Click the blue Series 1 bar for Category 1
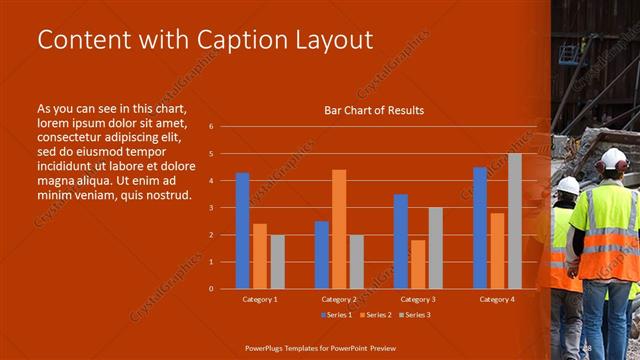[x=242, y=230]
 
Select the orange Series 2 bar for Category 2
[x=339, y=229]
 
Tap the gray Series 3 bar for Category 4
[x=514, y=220]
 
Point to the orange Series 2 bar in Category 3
[x=418, y=264]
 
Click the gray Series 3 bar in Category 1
[x=277, y=261]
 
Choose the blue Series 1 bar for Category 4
[x=480, y=227]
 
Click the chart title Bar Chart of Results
[x=374, y=110]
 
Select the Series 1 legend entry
[x=336, y=315]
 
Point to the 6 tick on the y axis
[x=211, y=127]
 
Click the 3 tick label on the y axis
[x=211, y=208]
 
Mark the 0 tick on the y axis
[x=211, y=289]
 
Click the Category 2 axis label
[x=339, y=299]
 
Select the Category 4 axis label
[x=496, y=299]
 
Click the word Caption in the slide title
[x=242, y=40]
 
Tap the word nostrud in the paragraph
[x=168, y=194]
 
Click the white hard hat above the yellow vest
[x=613, y=158]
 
